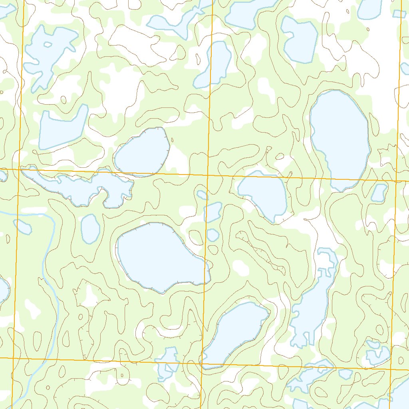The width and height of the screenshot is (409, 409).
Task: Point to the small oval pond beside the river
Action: [x=90, y=228]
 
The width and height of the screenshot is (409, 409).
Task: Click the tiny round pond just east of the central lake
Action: [x=213, y=235]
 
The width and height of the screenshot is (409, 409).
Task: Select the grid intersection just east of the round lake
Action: [x=208, y=175]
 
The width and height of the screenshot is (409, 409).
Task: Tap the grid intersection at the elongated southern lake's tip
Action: [x=201, y=363]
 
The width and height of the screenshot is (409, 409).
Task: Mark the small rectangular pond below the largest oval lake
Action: [x=379, y=193]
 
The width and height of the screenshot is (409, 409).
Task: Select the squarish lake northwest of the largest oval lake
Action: [x=300, y=40]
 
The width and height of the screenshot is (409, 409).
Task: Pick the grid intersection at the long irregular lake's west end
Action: [x=20, y=170]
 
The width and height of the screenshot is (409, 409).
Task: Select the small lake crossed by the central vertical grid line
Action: [x=212, y=212]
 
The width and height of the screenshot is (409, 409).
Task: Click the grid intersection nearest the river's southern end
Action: [x=14, y=358]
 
